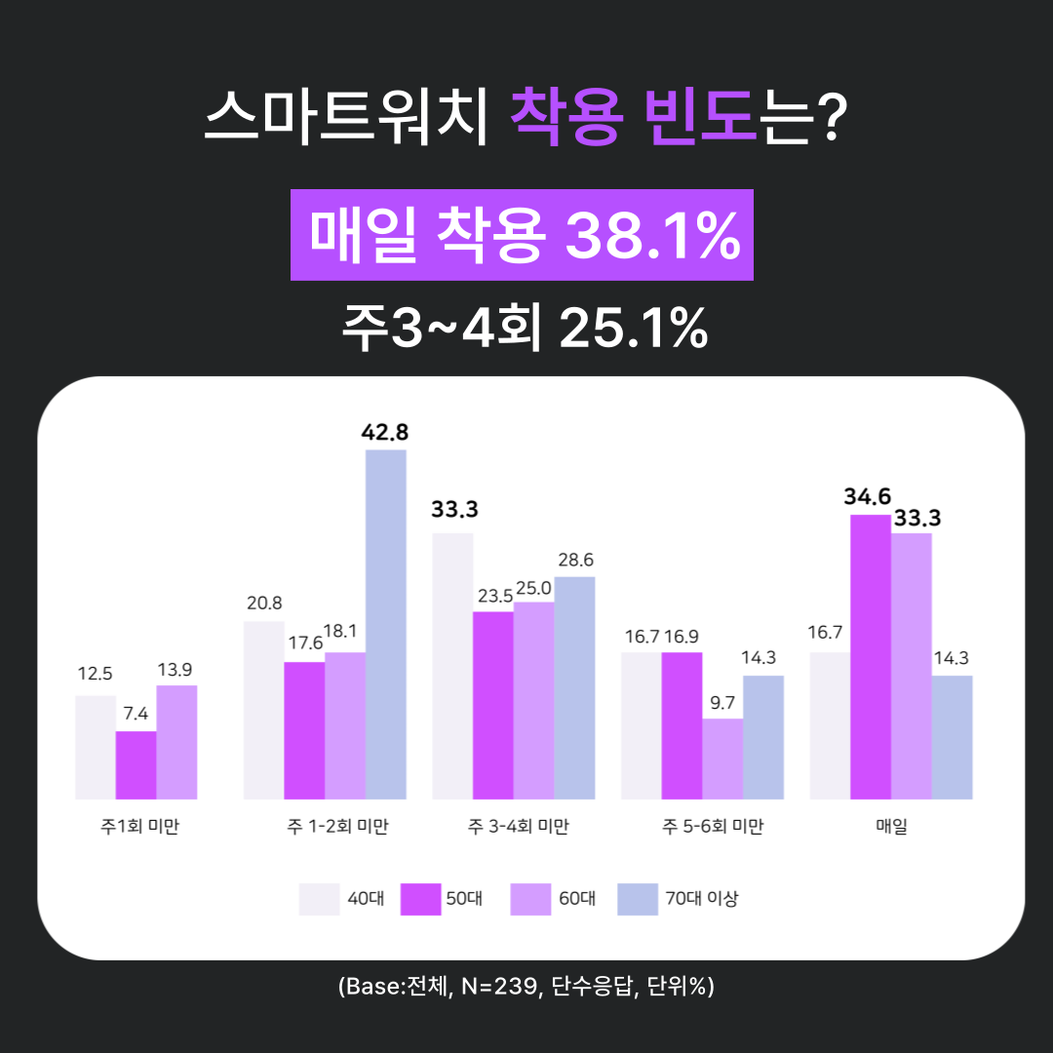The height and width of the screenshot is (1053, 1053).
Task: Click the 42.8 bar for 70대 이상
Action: [x=386, y=624]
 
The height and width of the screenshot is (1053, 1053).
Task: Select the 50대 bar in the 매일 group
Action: [x=871, y=656]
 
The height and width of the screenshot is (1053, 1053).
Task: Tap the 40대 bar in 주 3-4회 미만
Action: [x=452, y=666]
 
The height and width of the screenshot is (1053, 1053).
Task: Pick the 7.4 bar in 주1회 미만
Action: [x=136, y=764]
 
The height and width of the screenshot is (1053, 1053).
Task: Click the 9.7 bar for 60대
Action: [x=722, y=759]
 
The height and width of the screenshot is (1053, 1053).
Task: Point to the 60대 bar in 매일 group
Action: [x=912, y=666]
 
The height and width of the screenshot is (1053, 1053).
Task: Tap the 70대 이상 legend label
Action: [x=702, y=899]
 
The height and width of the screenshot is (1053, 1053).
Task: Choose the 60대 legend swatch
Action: [x=529, y=899]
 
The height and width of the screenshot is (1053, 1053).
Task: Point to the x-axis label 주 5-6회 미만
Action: [x=713, y=828]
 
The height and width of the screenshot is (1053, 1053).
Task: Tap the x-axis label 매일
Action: [x=891, y=828]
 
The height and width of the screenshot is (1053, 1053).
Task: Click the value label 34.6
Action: [x=868, y=497]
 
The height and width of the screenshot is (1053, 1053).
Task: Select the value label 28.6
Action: [x=574, y=561]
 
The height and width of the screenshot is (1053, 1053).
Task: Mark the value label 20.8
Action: [x=264, y=604]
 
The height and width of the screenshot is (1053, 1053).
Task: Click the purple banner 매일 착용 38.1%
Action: [x=522, y=235]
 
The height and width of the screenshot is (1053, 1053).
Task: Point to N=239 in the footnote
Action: [x=499, y=987]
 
